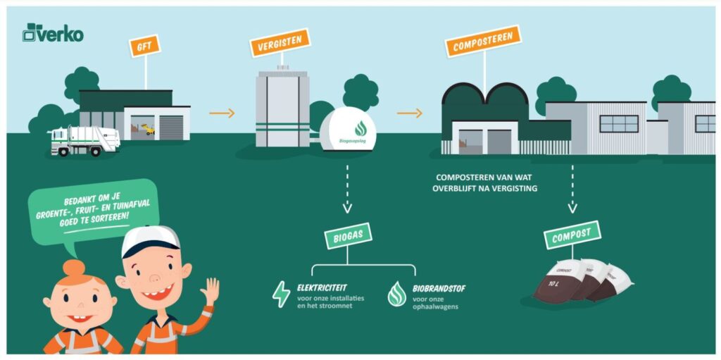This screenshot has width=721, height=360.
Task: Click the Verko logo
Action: (x=53, y=32)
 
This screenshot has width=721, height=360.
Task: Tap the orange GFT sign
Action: (x=144, y=46)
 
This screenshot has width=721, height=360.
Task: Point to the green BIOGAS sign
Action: (x=348, y=235)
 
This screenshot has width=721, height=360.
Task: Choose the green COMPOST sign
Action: (x=572, y=235)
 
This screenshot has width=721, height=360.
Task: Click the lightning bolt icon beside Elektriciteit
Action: (x=281, y=294)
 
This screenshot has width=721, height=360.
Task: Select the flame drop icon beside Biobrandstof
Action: (x=396, y=294)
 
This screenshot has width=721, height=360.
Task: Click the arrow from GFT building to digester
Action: (x=222, y=113)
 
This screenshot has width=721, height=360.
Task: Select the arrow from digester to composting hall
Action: (x=409, y=113)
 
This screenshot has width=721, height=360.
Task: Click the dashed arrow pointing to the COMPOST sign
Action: (x=572, y=188)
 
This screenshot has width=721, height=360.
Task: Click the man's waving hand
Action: (x=209, y=290)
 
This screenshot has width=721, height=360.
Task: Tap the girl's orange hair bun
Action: (x=73, y=268)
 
